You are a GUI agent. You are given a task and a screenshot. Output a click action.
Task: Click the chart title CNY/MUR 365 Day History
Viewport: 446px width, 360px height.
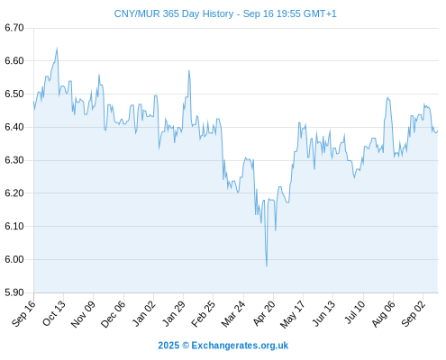pos(174,13)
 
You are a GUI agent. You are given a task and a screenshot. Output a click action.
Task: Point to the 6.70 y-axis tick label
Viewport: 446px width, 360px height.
pos(14,28)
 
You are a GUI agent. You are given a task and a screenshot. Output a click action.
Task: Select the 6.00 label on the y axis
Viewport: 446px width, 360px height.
pos(14,259)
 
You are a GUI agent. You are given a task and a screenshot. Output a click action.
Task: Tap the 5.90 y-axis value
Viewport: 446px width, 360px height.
pos(14,292)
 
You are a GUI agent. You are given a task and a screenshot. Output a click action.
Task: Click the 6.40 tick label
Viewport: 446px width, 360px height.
pos(14,127)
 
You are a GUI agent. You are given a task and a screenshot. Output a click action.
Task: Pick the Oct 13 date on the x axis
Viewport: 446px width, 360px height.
pos(54,313)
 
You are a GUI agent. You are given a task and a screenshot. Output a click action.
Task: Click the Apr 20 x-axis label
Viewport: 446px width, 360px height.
pos(264,313)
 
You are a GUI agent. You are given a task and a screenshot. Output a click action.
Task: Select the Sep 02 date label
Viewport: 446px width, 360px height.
pos(414,313)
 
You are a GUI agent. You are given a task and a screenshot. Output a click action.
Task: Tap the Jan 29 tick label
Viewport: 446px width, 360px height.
pos(174,313)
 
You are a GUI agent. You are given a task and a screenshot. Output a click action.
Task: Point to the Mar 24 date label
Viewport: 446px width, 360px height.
pos(233,314)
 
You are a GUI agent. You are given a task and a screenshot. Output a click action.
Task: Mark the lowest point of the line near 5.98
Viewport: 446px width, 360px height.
pos(267,265)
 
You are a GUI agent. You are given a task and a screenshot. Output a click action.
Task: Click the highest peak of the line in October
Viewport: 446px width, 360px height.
pos(57,48)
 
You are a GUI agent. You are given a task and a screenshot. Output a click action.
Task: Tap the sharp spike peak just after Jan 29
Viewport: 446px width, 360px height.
pos(189,70)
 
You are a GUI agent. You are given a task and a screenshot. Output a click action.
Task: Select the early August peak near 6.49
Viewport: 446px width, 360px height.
pos(387,97)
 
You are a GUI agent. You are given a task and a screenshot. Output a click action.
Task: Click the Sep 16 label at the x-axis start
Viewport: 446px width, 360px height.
pos(23,313)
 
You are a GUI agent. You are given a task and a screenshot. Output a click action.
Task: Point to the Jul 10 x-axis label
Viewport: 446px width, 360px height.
pos(354,312)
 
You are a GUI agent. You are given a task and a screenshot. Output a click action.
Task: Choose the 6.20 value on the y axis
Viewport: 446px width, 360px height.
pos(14,193)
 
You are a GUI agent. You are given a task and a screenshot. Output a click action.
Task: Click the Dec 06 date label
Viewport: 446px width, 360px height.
pos(113,314)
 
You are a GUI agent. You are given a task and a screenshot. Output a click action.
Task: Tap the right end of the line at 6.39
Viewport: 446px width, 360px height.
pos(438,130)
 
